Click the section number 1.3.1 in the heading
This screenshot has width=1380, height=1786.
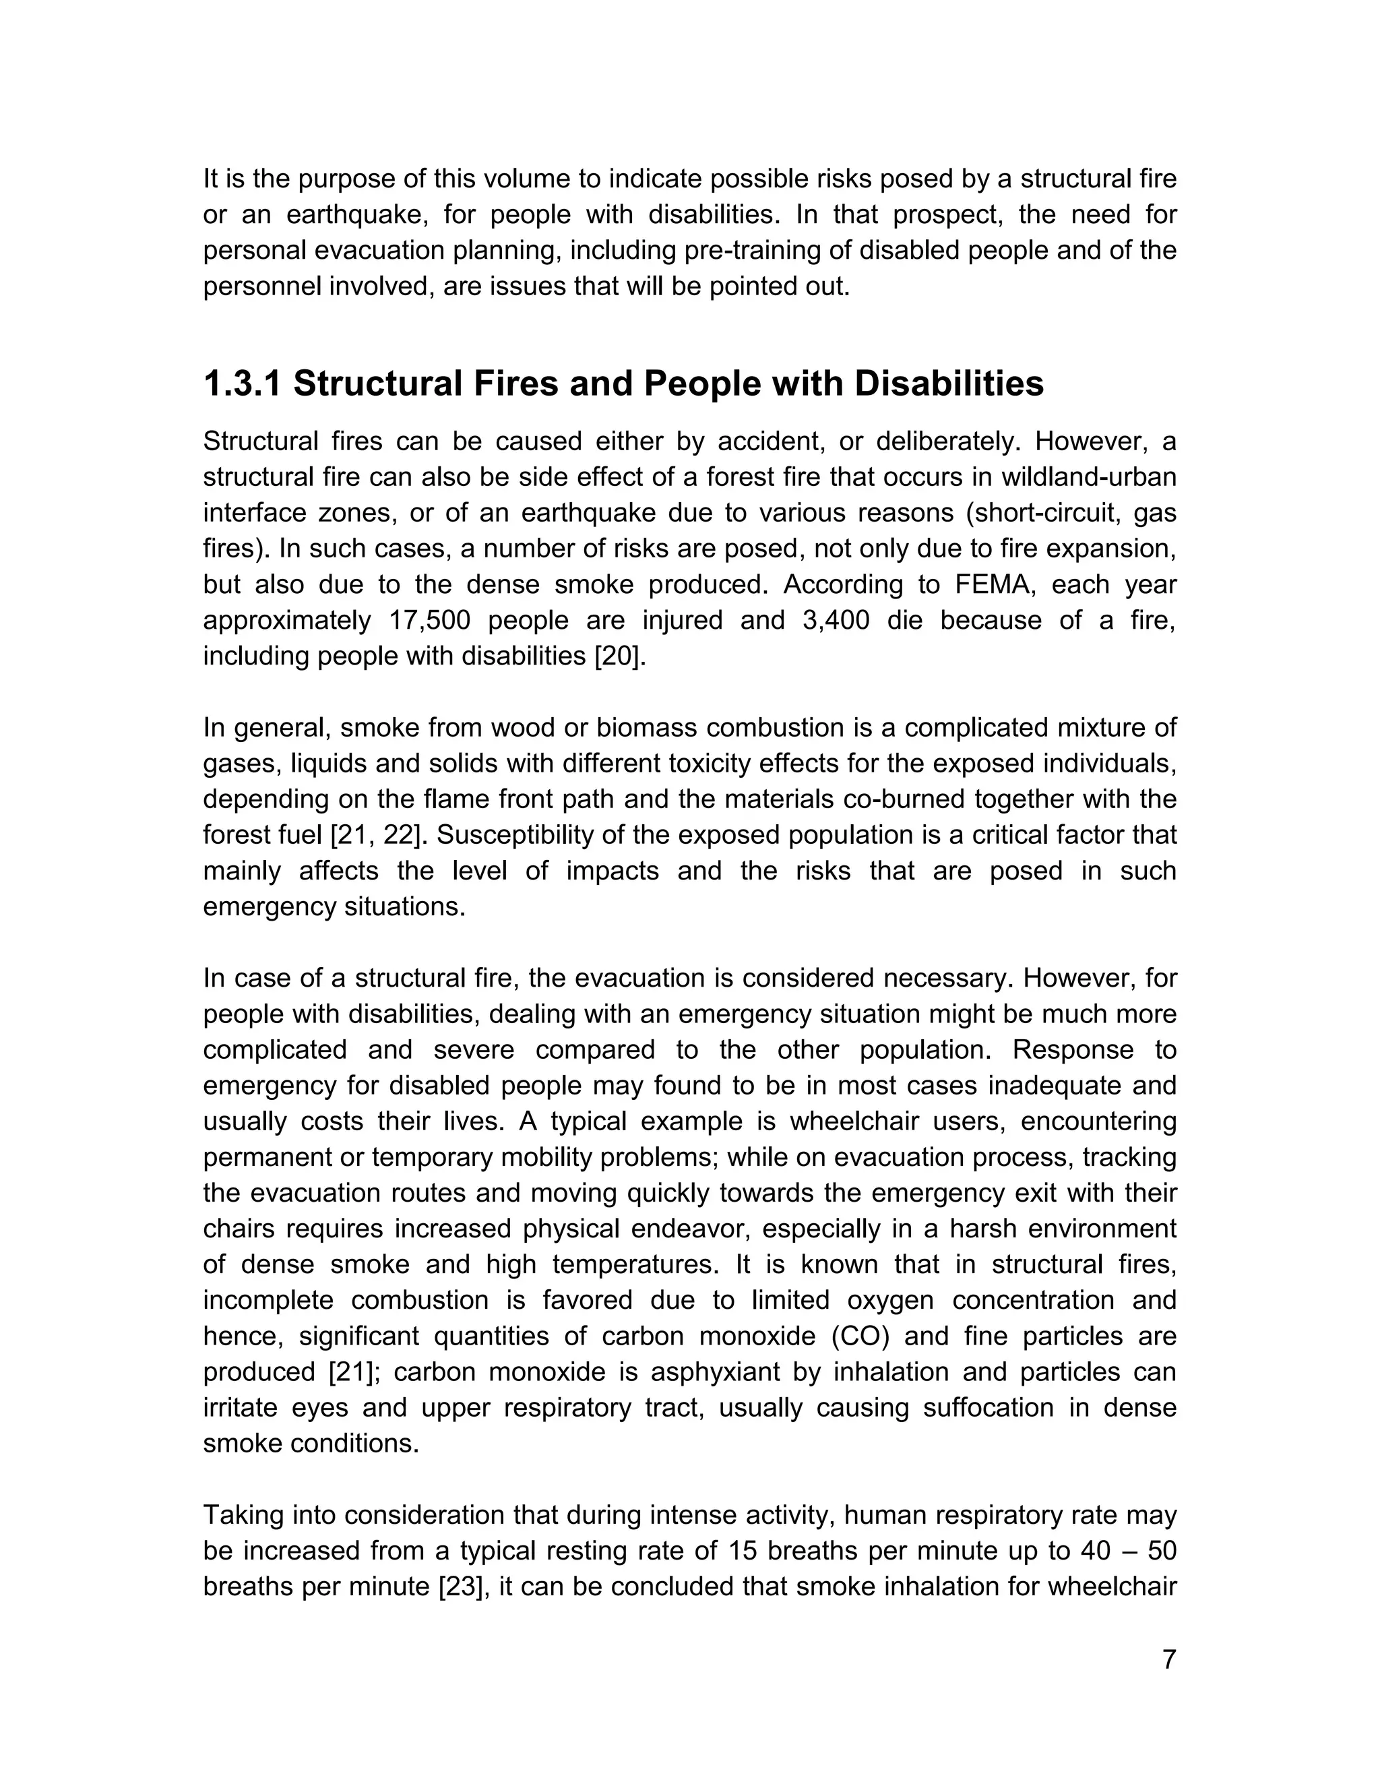pyautogui.click(x=242, y=383)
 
